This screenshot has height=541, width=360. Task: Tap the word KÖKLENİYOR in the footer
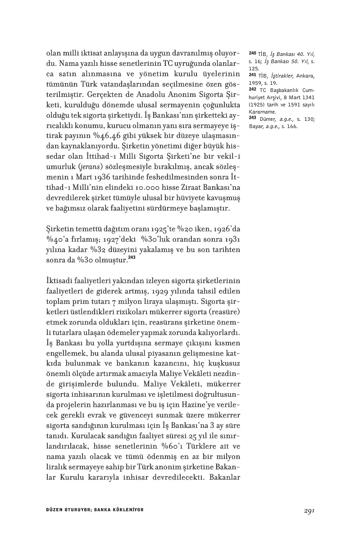(126, 510)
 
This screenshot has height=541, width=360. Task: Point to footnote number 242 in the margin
(252, 89)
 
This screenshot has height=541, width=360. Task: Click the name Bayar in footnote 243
(255, 127)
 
